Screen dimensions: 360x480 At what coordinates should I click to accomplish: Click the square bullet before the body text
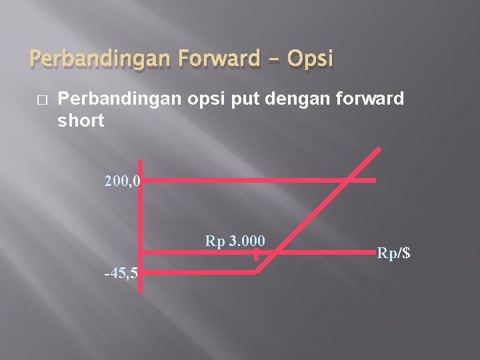pyautogui.click(x=42, y=100)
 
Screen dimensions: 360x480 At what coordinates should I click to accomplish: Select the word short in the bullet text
pyautogui.click(x=82, y=120)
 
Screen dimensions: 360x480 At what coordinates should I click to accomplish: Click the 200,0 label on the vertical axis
pyautogui.click(x=121, y=181)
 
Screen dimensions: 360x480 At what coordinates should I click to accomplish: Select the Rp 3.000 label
pyautogui.click(x=235, y=240)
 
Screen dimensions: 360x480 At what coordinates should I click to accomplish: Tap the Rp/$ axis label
pyautogui.click(x=394, y=253)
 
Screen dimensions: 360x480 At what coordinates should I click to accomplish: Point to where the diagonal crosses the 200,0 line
pyautogui.click(x=346, y=180)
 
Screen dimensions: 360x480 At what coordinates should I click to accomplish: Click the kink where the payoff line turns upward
pyautogui.click(x=256, y=271)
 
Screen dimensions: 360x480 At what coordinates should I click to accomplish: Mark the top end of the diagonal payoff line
pyautogui.click(x=398, y=148)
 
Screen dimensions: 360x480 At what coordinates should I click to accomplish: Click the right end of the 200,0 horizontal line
pyautogui.click(x=375, y=180)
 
